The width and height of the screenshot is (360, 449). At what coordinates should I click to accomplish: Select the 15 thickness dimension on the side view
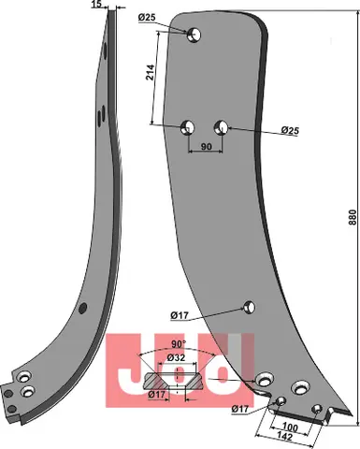pyautogui.click(x=98, y=6)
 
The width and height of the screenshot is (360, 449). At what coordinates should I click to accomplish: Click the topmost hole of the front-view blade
pyautogui.click(x=194, y=36)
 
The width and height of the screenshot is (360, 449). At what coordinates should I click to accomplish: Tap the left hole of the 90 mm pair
pyautogui.click(x=187, y=126)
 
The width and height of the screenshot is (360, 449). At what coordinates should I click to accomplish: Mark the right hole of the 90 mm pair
pyautogui.click(x=222, y=126)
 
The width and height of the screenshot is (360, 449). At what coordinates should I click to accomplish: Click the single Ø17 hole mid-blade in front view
pyautogui.click(x=249, y=306)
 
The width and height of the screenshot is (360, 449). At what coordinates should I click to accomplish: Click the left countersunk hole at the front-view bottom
pyautogui.click(x=264, y=379)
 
